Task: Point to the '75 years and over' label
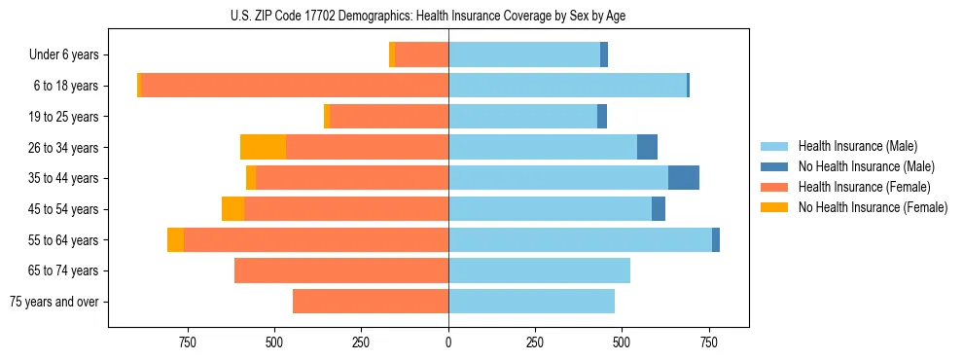coord(54,302)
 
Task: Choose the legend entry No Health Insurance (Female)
coord(873,207)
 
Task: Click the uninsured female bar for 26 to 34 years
coord(263,147)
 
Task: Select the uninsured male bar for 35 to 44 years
coord(684,178)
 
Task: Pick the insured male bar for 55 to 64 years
coord(580,239)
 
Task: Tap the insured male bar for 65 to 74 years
coord(539,270)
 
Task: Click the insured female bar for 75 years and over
coord(371,302)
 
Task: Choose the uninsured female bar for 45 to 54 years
coord(232,209)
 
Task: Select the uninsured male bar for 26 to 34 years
coord(647,147)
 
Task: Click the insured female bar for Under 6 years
coord(422,55)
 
